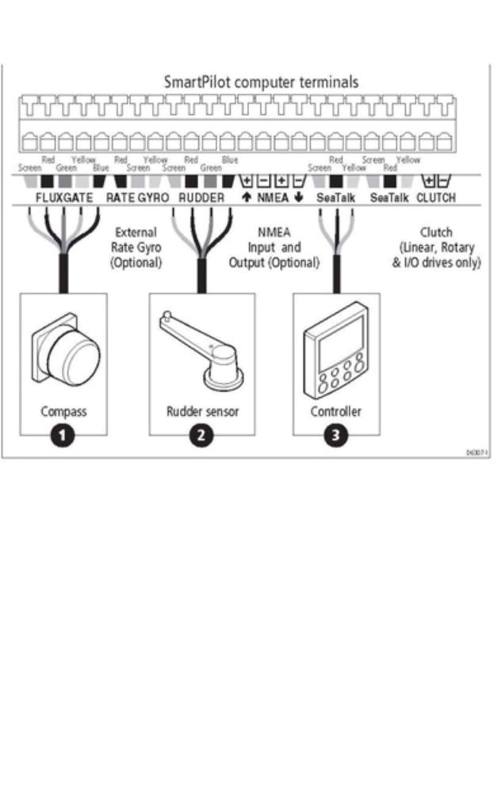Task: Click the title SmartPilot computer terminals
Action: [261, 82]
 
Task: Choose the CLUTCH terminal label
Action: [436, 197]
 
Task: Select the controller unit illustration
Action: [335, 361]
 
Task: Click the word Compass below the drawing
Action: [63, 412]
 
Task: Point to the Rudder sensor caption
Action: [202, 412]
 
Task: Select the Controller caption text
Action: [335, 412]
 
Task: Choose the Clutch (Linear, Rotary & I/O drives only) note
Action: [437, 248]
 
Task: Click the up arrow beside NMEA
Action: [246, 197]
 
